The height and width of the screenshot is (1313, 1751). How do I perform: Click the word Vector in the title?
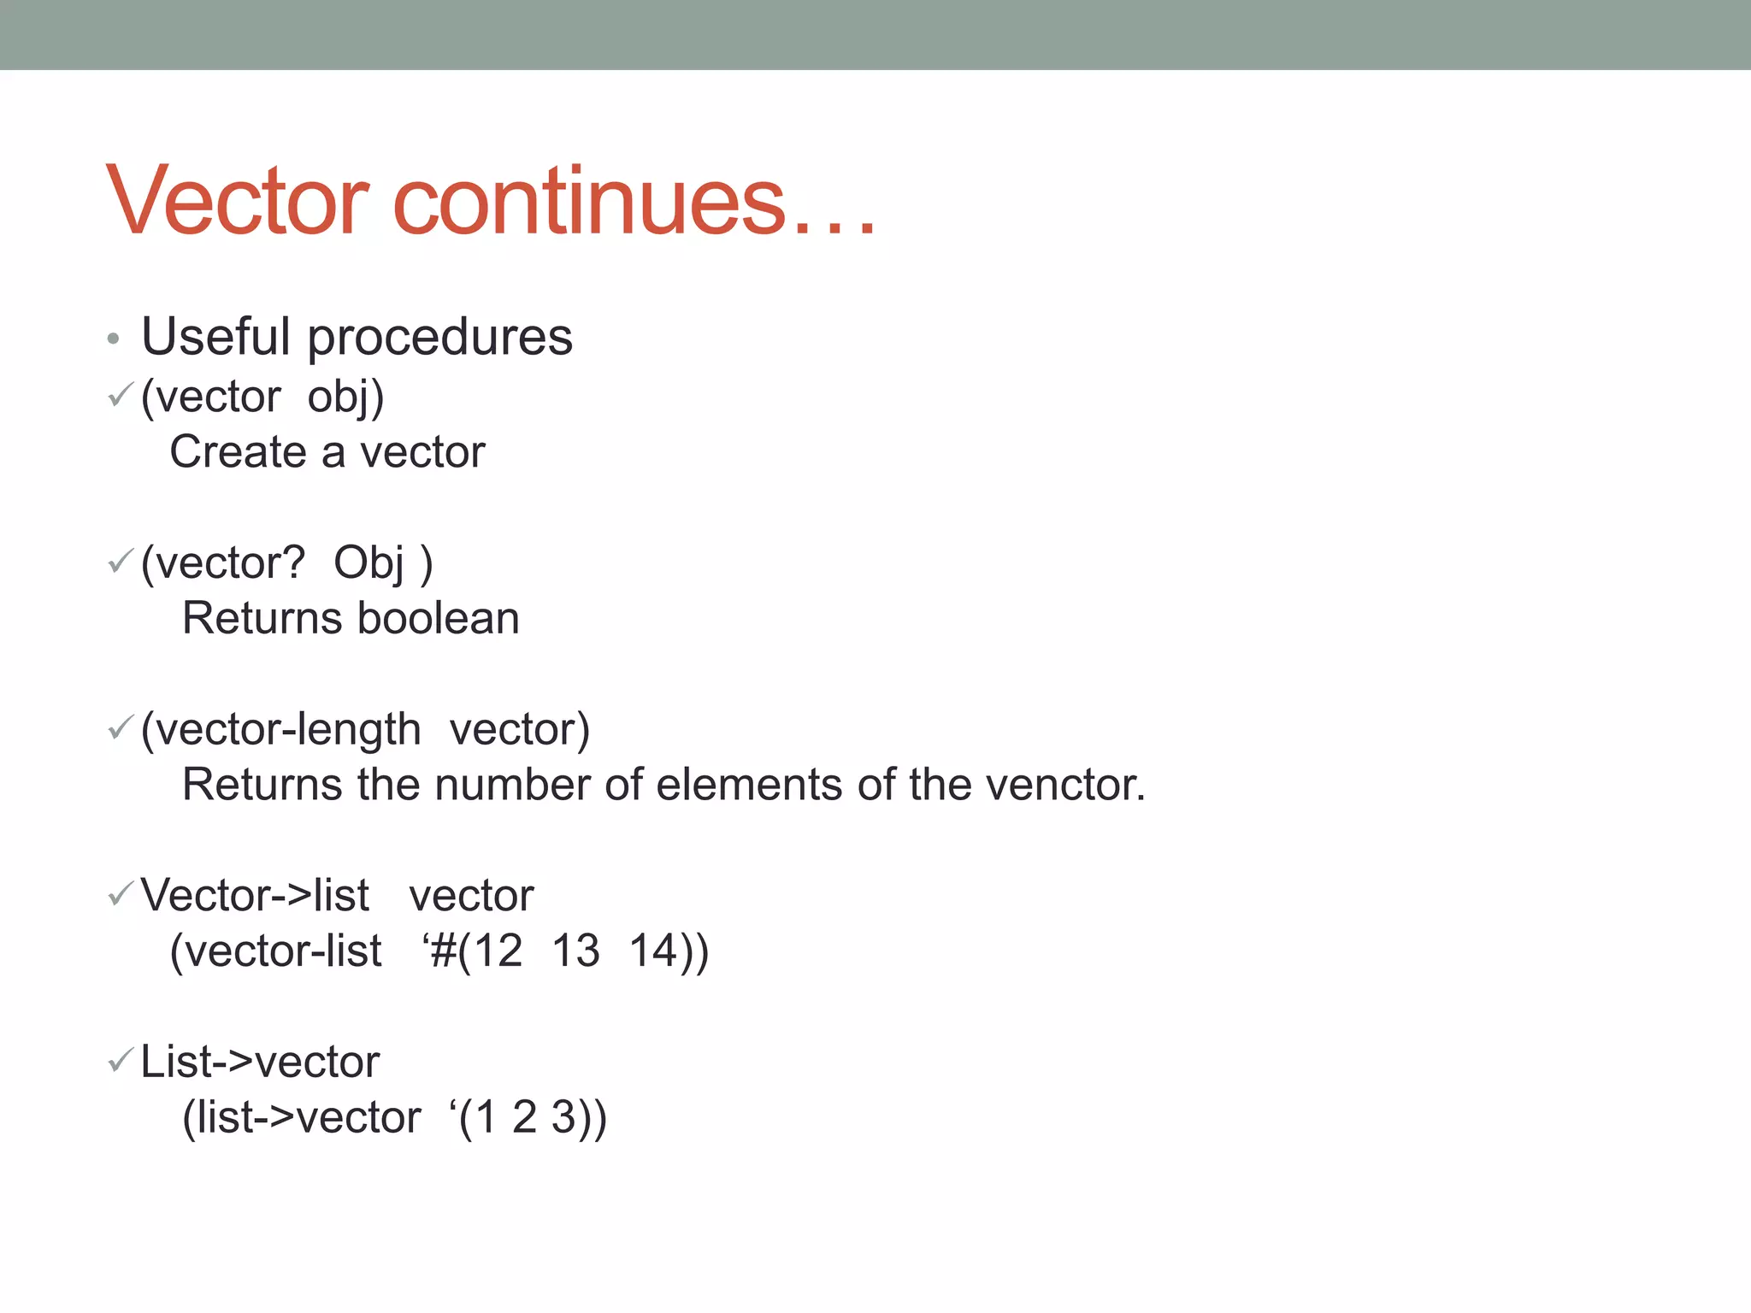click(x=238, y=202)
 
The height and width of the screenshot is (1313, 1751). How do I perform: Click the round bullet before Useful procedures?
click(x=113, y=339)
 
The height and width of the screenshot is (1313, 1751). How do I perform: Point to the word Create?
click(x=238, y=451)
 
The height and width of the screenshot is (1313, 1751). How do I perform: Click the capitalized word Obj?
click(x=368, y=564)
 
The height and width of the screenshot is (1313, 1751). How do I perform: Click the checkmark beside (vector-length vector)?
click(x=121, y=727)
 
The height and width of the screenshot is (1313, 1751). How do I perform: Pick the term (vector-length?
click(x=280, y=731)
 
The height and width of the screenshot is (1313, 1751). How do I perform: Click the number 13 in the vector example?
click(x=575, y=951)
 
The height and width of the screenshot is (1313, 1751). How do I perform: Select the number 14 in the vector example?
click(x=653, y=951)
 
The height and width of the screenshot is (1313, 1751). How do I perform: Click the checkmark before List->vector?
click(x=121, y=1060)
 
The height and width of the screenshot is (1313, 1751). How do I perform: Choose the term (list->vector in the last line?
click(x=302, y=1118)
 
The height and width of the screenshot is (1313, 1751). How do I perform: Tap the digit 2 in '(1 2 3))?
click(x=524, y=1117)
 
